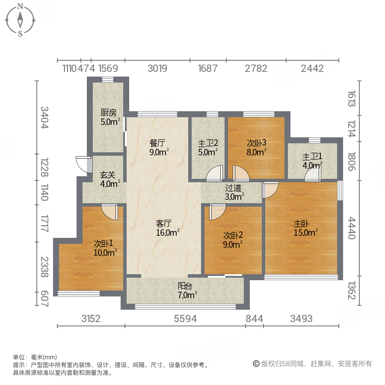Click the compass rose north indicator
[20, 7]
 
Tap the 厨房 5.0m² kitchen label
[109, 117]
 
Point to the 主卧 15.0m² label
[305, 228]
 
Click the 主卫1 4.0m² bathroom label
[312, 161]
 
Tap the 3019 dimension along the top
[157, 68]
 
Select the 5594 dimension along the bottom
[185, 319]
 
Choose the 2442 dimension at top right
[312, 68]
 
